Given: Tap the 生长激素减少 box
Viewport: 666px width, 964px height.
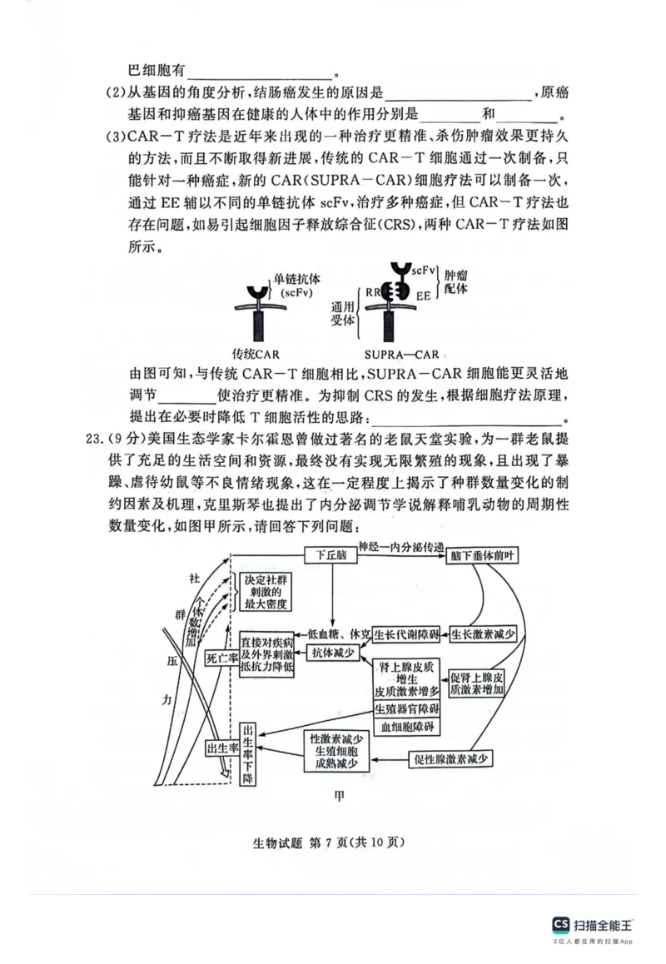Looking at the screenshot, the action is (483, 634).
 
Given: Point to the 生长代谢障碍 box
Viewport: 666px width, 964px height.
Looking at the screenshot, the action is (405, 634).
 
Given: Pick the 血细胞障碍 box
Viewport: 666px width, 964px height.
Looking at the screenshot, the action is (407, 726).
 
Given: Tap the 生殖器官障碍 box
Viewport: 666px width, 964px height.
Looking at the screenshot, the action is (407, 708).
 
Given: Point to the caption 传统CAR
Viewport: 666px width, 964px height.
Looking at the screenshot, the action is (256, 354).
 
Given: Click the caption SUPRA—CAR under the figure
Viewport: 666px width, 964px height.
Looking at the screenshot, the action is (399, 354).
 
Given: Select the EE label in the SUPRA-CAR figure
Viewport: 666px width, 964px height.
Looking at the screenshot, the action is (424, 295).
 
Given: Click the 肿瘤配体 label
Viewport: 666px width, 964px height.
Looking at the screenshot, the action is (455, 281).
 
